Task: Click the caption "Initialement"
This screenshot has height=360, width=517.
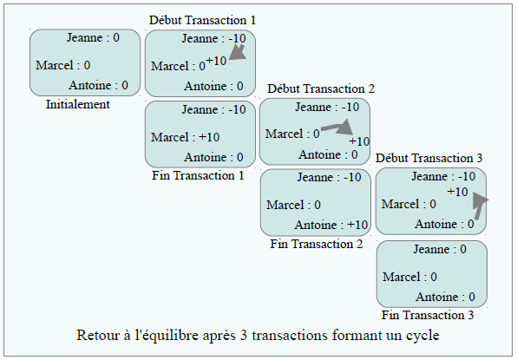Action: coord(78,104)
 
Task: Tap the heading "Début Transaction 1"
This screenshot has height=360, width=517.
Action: coord(202,20)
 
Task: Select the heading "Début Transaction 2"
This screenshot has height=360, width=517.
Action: coord(321,88)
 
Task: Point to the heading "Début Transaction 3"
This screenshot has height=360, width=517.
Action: coord(429,158)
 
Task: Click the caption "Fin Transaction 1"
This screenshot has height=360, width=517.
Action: coord(198,175)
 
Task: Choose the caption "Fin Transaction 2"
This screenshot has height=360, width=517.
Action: coord(317,244)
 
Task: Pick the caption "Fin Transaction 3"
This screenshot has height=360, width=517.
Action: coord(428,315)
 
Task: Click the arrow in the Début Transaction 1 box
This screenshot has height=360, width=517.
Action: coord(238,53)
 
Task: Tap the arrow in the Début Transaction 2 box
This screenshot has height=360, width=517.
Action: coord(338,128)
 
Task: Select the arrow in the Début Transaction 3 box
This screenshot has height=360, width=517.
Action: coord(479,206)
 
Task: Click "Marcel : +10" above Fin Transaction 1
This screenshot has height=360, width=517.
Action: coord(186,137)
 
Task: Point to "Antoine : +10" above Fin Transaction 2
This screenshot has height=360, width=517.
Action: coord(331,225)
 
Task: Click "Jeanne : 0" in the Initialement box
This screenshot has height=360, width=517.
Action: coord(93,37)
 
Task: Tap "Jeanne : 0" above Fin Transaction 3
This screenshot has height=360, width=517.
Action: coord(440,249)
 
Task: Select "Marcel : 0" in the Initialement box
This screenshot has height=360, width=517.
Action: coord(63,65)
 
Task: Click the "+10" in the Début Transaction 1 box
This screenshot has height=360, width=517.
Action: coord(216,61)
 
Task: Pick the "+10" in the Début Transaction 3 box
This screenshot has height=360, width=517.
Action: coord(458,192)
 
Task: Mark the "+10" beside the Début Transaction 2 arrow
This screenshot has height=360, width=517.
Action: coord(359,141)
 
